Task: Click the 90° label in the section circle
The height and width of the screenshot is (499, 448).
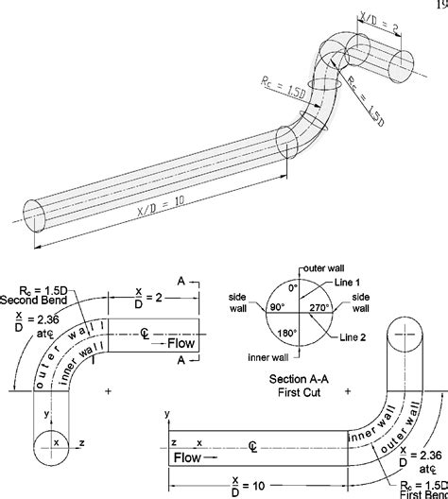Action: tap(276, 307)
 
